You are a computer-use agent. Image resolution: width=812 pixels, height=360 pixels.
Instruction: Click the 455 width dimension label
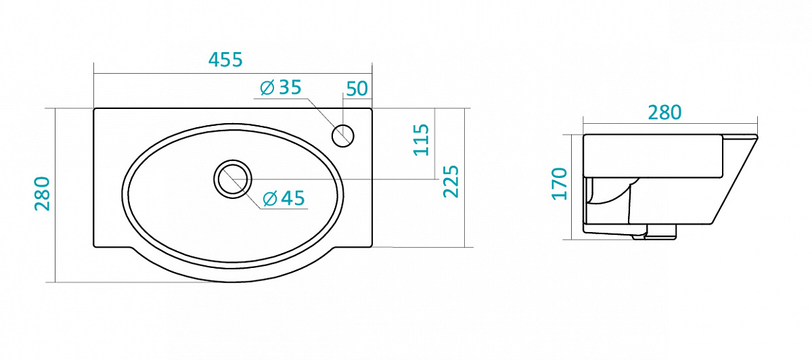225,60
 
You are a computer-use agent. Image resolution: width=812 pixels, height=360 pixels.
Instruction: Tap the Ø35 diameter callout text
281,87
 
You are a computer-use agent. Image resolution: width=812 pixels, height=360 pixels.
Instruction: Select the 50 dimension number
357,89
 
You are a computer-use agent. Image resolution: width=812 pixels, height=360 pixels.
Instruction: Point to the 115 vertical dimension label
421,140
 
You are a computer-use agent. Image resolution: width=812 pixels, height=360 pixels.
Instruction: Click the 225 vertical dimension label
451,181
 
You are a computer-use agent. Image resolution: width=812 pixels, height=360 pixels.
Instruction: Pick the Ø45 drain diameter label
284,198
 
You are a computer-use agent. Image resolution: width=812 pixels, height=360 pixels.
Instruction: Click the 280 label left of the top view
42,194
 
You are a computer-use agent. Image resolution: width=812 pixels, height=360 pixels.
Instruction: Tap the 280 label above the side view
664,113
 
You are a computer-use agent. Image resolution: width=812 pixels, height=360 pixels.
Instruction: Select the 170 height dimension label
559,184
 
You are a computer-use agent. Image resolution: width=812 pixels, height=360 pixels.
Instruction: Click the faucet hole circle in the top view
342,135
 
